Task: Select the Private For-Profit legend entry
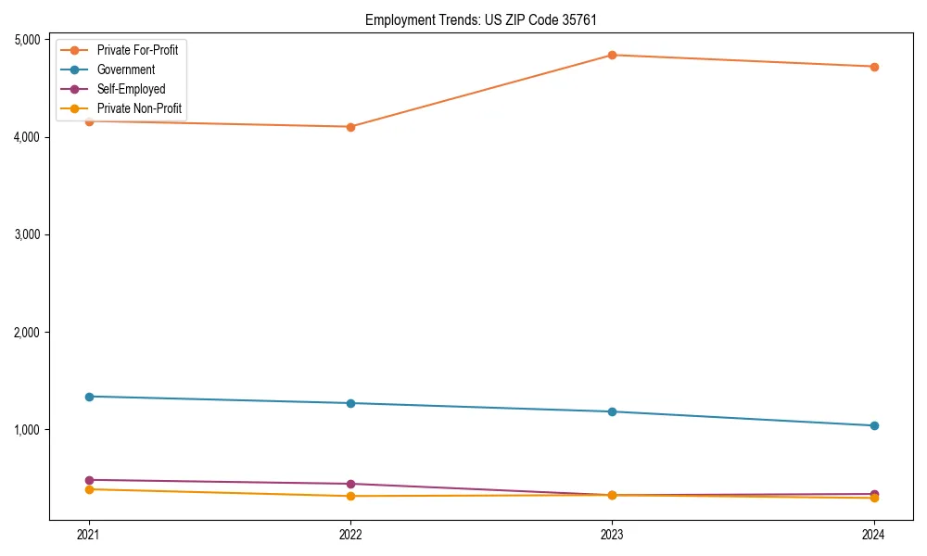(x=137, y=50)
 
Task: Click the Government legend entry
(x=126, y=69)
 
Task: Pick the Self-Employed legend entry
(x=131, y=90)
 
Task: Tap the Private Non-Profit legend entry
(x=139, y=109)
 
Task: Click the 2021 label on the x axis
(x=89, y=535)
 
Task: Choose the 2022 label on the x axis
(x=350, y=535)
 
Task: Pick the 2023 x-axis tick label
(x=612, y=535)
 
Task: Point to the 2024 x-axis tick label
(x=873, y=535)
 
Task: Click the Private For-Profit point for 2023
(x=612, y=55)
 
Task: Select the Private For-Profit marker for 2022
(x=350, y=127)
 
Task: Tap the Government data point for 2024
(x=873, y=425)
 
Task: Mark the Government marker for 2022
(x=350, y=403)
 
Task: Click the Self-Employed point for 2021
(x=89, y=480)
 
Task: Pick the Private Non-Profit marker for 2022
(x=350, y=496)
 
